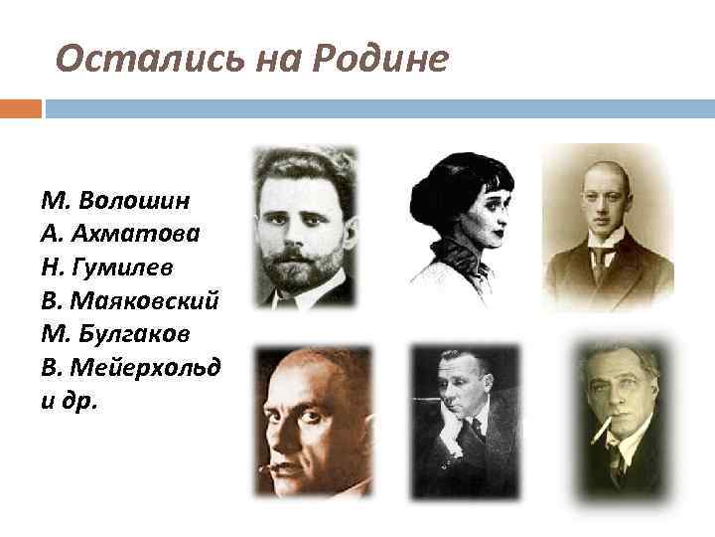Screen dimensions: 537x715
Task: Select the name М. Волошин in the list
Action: [115, 201]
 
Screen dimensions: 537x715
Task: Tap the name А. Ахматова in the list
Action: [121, 234]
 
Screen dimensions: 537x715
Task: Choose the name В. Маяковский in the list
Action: [130, 299]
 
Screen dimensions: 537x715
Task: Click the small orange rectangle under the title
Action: [21, 108]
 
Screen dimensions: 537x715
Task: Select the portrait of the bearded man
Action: [303, 226]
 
